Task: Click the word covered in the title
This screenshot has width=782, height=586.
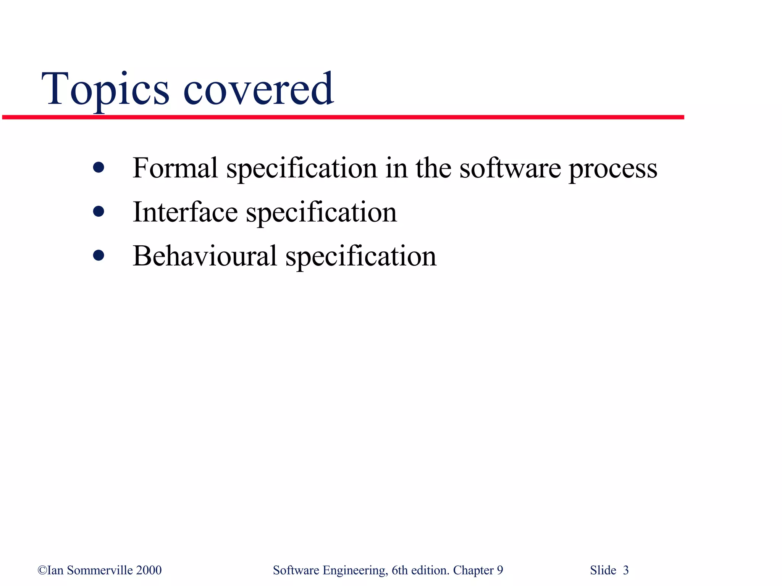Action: pos(259,90)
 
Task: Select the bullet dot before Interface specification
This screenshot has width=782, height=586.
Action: pos(99,211)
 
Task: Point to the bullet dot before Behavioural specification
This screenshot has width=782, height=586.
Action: pos(99,255)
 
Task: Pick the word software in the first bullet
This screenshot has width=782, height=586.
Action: pos(510,169)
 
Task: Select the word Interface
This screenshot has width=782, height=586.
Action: pos(185,212)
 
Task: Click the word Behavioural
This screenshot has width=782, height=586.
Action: pos(204,256)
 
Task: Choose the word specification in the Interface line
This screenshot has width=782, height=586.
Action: pos(322,213)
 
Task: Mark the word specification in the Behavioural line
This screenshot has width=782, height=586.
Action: pos(361,257)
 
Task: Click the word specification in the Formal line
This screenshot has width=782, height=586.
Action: pos(302,169)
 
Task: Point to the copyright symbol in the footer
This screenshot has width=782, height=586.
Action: pos(42,570)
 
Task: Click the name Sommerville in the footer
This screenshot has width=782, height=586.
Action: pos(100,570)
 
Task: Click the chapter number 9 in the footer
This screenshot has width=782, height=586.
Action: pos(500,570)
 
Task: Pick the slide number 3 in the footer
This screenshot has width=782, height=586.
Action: pos(625,570)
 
